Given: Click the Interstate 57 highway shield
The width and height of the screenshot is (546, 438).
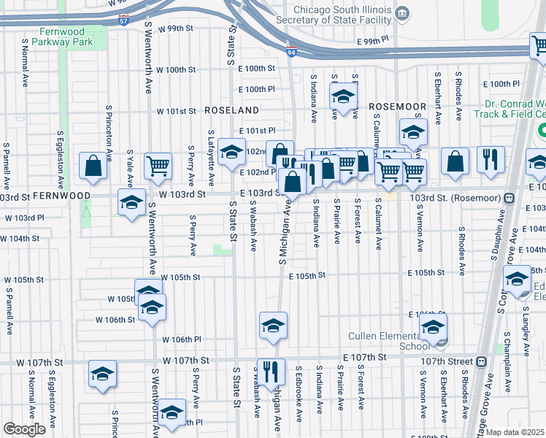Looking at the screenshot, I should (x=124, y=21).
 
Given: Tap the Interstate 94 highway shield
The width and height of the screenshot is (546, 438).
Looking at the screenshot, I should (x=291, y=51).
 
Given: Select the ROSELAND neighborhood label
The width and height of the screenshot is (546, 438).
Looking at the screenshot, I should (x=231, y=110).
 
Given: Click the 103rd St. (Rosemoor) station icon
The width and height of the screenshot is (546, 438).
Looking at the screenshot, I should (x=507, y=198).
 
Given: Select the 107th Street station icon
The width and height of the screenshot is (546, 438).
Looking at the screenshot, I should (x=481, y=361).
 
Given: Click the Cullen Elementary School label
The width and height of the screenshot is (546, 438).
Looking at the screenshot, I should (x=399, y=341).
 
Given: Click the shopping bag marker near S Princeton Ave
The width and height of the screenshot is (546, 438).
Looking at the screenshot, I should (x=94, y=166).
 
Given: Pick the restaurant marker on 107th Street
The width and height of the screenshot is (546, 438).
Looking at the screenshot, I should (x=271, y=371).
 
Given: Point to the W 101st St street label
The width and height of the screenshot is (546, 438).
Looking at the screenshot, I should (x=177, y=112).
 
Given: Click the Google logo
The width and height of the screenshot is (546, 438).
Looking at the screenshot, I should (x=25, y=429).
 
